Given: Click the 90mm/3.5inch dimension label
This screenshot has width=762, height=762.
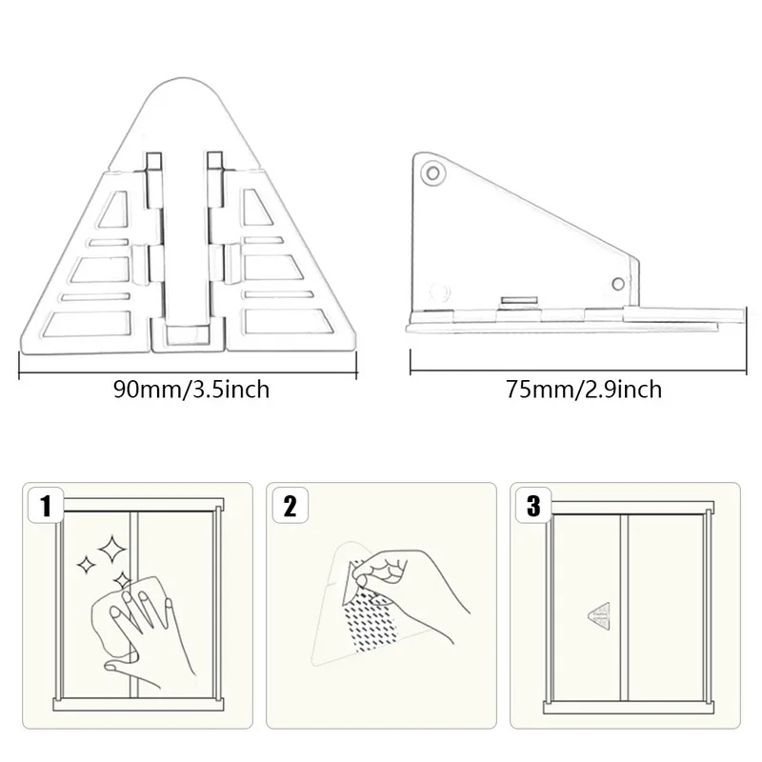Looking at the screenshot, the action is tap(191, 390).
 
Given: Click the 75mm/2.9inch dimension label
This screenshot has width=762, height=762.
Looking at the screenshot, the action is tap(584, 390).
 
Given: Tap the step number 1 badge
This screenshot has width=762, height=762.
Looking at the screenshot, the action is tap(46, 506).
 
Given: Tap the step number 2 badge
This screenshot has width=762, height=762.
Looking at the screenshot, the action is tap(291, 506).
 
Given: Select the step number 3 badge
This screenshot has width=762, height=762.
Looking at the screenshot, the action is tap(533, 506).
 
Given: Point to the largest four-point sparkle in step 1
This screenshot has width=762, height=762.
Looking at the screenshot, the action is tap(111, 550).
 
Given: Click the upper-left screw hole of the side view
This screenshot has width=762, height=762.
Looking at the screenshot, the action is tap(432, 172).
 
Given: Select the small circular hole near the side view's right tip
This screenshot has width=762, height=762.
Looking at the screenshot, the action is tap(617, 284).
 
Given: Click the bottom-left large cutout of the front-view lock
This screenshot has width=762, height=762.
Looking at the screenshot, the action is tap(88, 323).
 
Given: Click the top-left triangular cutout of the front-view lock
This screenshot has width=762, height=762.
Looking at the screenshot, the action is tap(115, 209).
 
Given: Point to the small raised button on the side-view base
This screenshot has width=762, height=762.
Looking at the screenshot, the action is tap(519, 301).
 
